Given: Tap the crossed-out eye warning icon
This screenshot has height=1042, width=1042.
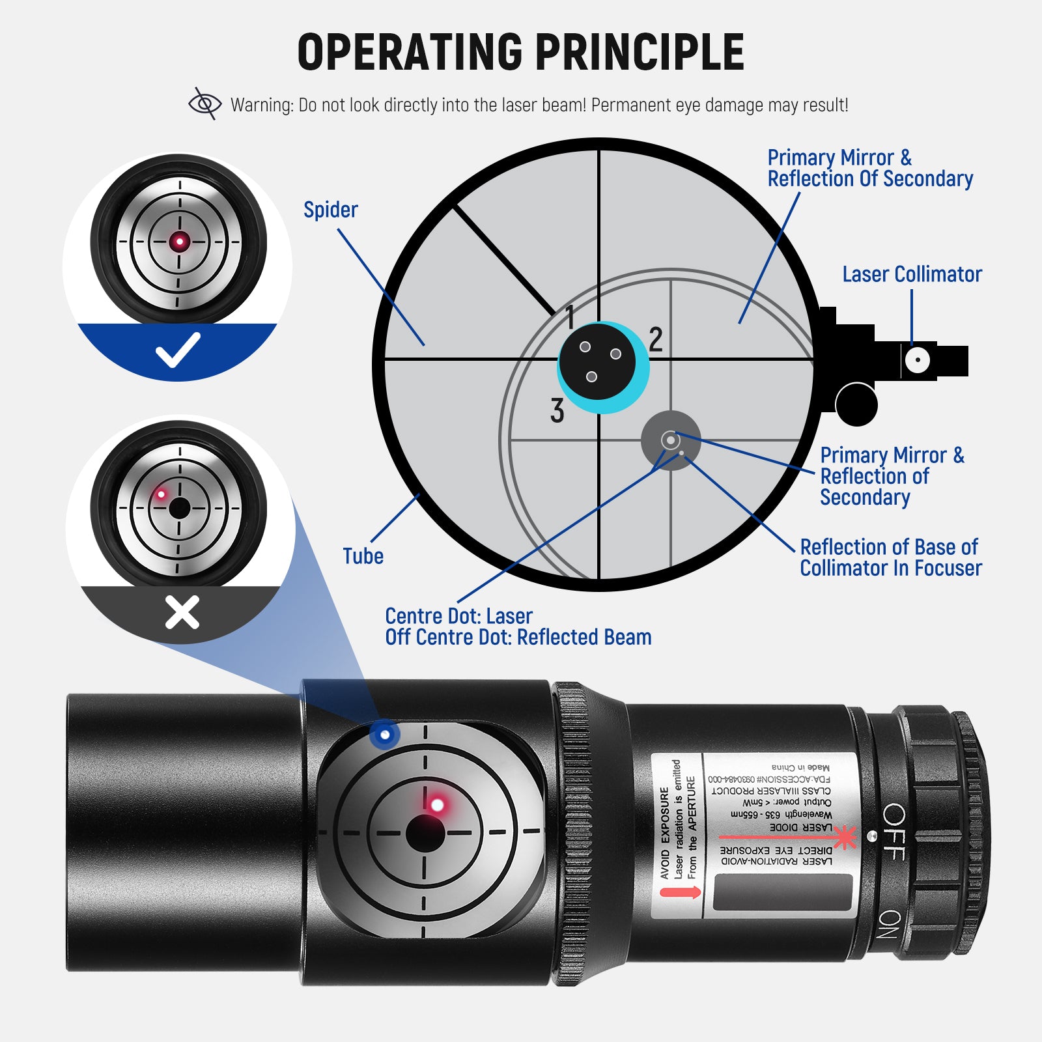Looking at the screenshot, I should click(x=204, y=104).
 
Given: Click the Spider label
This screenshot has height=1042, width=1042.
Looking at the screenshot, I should click(x=330, y=210).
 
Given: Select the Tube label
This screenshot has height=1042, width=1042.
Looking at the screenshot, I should click(x=363, y=556).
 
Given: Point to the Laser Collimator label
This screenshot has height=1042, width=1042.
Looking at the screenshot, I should click(x=911, y=274).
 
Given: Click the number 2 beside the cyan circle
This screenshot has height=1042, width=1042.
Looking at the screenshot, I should click(x=656, y=339).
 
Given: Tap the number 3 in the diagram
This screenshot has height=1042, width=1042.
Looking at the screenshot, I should click(x=557, y=411).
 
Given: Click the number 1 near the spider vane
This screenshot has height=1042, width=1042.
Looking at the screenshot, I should click(x=570, y=317).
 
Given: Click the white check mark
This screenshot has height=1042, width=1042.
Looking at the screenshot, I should click(x=178, y=350).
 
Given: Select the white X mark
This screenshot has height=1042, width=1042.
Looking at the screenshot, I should click(x=182, y=613).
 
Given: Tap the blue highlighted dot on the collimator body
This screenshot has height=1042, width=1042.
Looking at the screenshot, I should click(x=385, y=735).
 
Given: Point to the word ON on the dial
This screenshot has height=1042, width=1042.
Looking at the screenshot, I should click(x=890, y=924).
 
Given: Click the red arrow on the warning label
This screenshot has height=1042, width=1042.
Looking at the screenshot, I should click(x=680, y=892).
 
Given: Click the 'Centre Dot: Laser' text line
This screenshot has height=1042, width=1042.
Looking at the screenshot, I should click(x=458, y=616).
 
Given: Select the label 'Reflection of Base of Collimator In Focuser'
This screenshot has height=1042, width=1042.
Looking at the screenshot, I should click(x=890, y=557).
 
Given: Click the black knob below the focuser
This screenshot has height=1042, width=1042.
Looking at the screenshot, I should click(x=856, y=404).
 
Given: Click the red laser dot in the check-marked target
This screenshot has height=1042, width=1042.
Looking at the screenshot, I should click(x=180, y=242).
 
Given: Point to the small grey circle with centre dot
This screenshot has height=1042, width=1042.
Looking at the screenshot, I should click(x=671, y=441).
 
